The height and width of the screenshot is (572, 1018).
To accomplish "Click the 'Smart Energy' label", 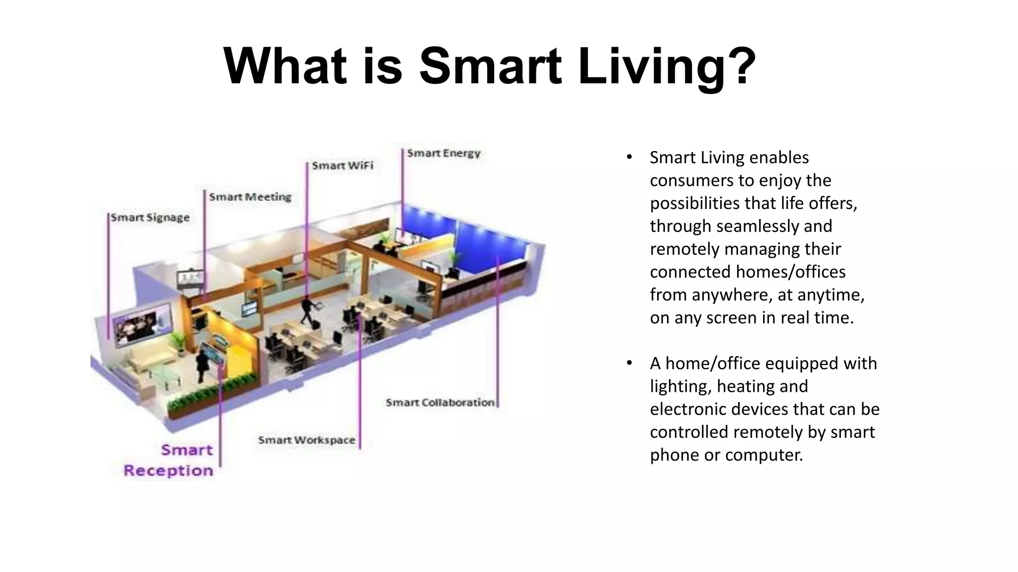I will point(443,153).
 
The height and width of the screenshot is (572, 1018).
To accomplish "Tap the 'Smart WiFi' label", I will point(342,166).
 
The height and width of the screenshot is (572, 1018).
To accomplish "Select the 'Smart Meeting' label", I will point(250,197).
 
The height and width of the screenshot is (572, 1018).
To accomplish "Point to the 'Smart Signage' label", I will point(150,218).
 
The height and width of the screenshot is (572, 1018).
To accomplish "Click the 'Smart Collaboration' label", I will point(440,403).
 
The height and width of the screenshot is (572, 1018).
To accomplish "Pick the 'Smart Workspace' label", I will point(307,440).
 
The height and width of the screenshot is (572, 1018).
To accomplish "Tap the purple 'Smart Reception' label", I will point(169,460).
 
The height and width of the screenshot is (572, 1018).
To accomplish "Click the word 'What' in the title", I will point(285,66).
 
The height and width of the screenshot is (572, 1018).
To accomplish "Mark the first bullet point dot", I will point(629,157).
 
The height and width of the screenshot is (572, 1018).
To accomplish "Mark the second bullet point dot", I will point(629,363).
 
